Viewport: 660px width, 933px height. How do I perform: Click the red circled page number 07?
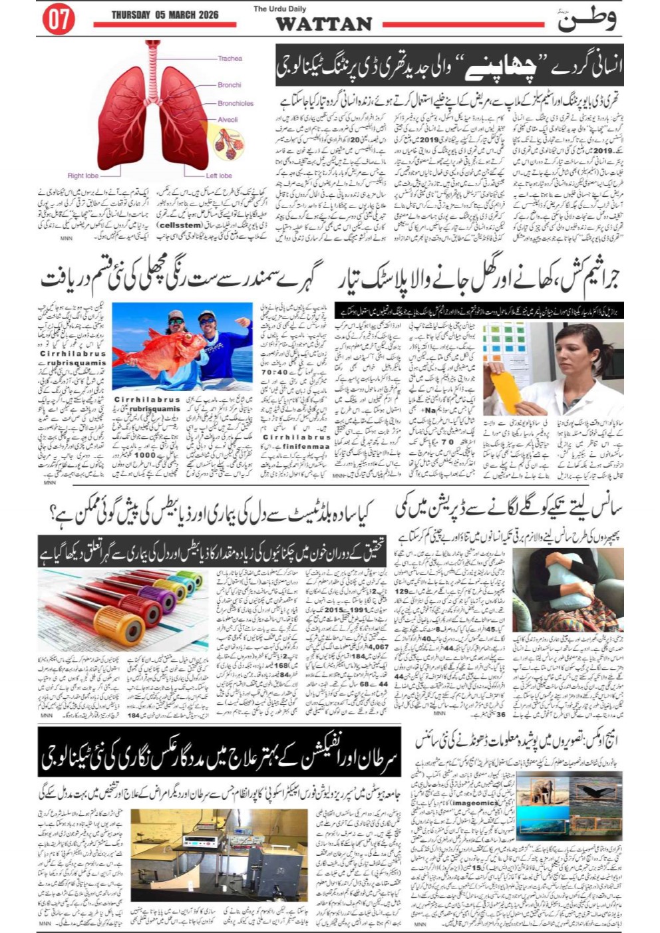pos(59,20)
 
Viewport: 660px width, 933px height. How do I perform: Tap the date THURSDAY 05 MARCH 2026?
pos(164,15)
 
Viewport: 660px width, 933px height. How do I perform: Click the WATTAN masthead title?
pos(323,24)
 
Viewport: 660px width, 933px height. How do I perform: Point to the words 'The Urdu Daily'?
pos(279,9)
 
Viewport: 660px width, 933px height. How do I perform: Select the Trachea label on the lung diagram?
pos(230,59)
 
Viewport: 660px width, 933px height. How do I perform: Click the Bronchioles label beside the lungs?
pos(236,103)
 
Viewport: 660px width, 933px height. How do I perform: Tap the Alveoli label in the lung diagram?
pos(228,120)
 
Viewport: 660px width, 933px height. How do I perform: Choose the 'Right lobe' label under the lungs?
pos(82,176)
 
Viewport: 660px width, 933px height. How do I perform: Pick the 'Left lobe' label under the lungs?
pos(219,176)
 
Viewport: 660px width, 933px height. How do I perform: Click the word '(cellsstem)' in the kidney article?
pos(178,225)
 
